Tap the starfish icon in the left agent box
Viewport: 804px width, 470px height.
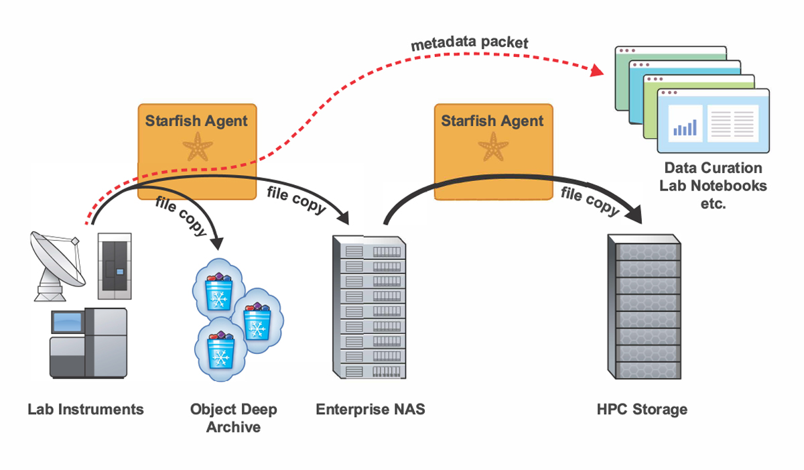click(x=198, y=147)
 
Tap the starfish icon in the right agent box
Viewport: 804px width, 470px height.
click(x=494, y=146)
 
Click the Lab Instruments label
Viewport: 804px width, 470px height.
click(x=86, y=409)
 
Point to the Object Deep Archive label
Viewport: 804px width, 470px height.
click(x=233, y=418)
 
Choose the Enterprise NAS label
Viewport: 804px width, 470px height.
click(x=371, y=409)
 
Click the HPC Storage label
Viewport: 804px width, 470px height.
click(x=642, y=409)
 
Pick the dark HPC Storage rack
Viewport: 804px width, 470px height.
click(x=642, y=306)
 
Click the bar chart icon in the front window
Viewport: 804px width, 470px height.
click(x=684, y=127)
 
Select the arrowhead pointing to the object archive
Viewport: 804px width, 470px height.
click(x=216, y=241)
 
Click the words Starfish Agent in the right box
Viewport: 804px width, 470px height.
click(x=492, y=121)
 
